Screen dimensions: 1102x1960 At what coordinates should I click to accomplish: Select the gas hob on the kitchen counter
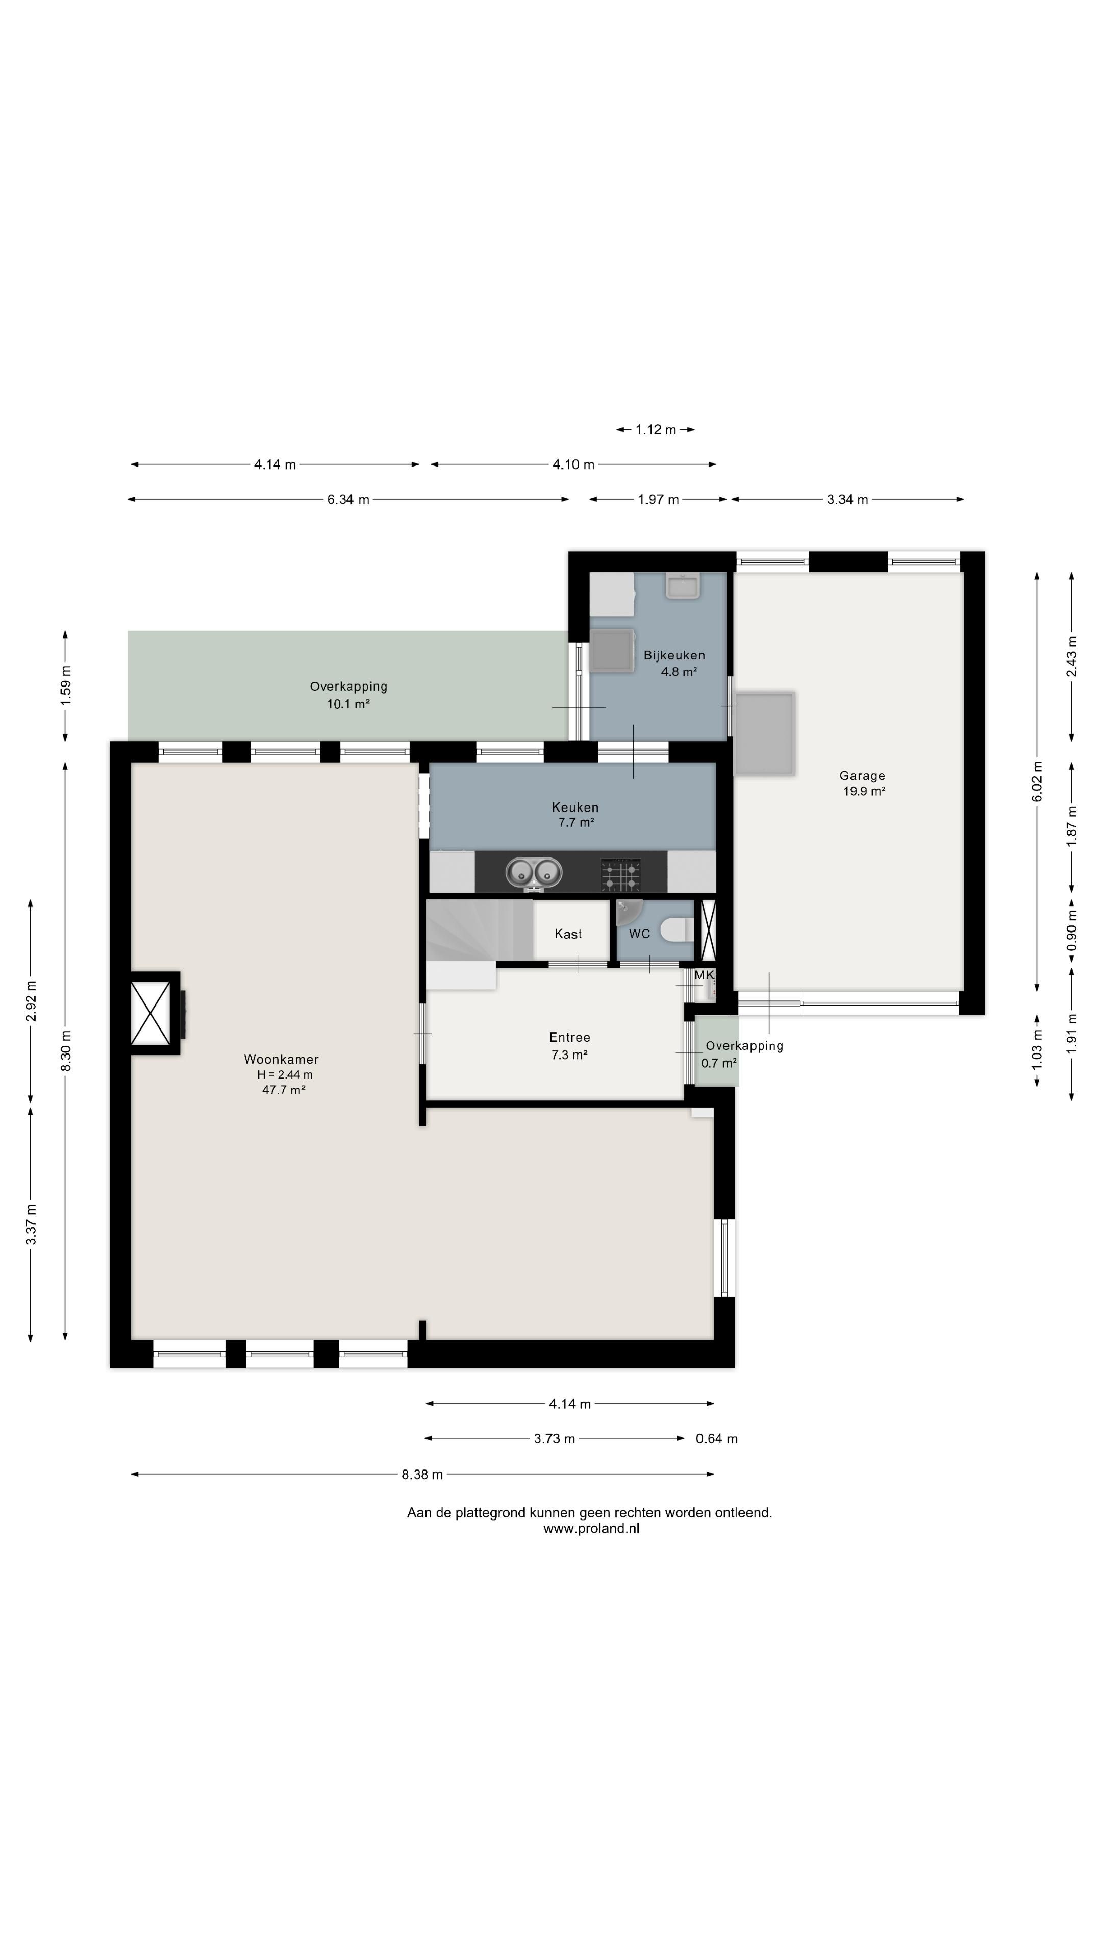tap(620, 874)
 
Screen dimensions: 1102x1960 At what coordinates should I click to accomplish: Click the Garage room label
tap(862, 775)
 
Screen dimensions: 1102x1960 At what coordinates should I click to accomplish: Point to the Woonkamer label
tap(282, 1059)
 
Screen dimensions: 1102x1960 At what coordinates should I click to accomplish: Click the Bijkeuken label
tap(674, 655)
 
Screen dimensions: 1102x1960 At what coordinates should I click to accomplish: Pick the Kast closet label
tap(568, 934)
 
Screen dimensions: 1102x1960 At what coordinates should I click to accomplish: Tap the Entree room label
tap(570, 1037)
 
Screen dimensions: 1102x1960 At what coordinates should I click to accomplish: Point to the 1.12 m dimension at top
tap(656, 430)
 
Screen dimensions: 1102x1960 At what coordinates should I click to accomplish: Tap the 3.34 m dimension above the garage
tap(847, 499)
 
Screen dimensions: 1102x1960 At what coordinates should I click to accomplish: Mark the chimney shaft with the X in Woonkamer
tap(150, 1013)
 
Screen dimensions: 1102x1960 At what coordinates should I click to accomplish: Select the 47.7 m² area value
tap(284, 1090)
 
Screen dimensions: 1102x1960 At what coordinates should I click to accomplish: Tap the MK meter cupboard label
tap(704, 975)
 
